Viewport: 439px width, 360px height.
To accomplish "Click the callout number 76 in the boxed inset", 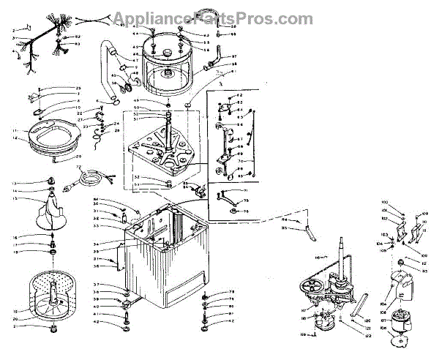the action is (246, 211).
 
